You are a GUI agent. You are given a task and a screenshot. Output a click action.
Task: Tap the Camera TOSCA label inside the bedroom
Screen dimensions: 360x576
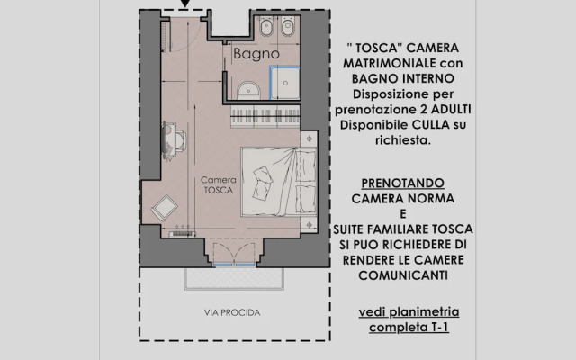[x=219, y=185]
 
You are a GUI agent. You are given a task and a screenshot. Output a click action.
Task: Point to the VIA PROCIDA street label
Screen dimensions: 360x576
[x=233, y=313]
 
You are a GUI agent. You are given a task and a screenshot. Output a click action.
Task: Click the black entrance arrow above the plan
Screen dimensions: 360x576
[x=184, y=4]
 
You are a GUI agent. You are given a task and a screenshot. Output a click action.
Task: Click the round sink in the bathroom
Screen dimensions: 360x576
[x=248, y=88]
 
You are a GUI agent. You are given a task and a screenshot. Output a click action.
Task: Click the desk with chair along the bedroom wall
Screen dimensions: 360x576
[x=173, y=139]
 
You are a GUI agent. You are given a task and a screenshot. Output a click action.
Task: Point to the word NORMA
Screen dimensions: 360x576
[x=440, y=197]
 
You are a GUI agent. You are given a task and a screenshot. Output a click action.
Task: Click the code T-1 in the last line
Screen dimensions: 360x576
[x=441, y=328]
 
